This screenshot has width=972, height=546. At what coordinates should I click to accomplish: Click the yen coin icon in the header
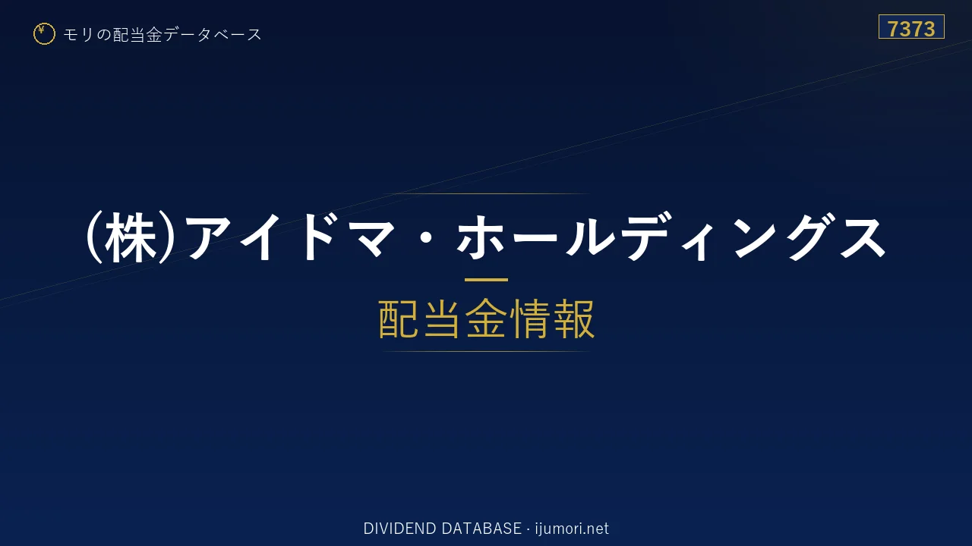pyautogui.click(x=44, y=34)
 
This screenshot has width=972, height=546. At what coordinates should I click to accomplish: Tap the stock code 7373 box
pyautogui.click(x=911, y=27)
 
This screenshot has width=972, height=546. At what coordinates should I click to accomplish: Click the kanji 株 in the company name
pyautogui.click(x=131, y=238)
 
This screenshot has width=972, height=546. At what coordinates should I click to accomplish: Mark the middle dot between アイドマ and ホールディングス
pyautogui.click(x=426, y=238)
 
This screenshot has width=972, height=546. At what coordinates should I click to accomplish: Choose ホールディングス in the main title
pyautogui.click(x=671, y=238)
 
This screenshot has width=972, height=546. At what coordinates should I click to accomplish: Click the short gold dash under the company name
pyautogui.click(x=486, y=280)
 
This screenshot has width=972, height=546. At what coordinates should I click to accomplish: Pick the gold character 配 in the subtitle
pyautogui.click(x=398, y=318)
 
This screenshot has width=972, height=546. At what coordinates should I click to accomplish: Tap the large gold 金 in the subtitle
pyautogui.click(x=485, y=318)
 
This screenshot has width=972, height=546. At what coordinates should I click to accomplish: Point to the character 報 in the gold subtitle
pyautogui.click(x=574, y=318)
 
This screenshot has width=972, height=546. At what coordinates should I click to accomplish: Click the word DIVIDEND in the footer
pyautogui.click(x=399, y=529)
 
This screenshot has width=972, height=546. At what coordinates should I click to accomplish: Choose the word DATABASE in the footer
pyautogui.click(x=481, y=529)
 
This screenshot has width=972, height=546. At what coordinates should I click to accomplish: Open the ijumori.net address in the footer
pyautogui.click(x=572, y=529)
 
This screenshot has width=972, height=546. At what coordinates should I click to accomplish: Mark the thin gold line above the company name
pyautogui.click(x=486, y=193)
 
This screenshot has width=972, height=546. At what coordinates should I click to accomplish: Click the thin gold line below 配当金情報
pyautogui.click(x=486, y=351)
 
